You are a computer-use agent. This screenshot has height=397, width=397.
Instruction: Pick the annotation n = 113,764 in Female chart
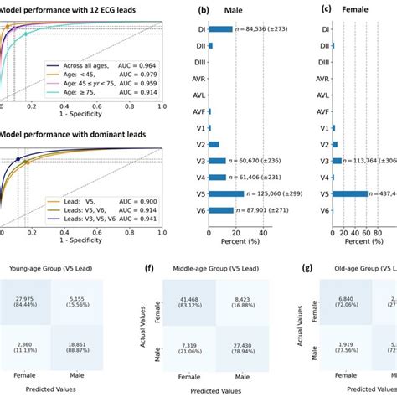click(x=369, y=161)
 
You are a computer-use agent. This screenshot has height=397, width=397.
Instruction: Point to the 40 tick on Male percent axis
click(x=263, y=232)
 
